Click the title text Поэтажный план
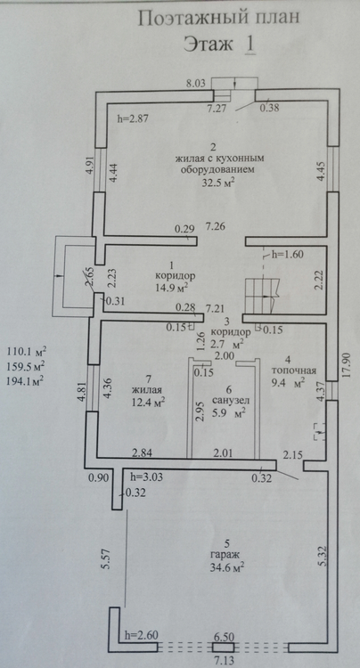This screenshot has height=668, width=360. pyautogui.click(x=219, y=19)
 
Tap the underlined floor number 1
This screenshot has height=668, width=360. pyautogui.click(x=250, y=45)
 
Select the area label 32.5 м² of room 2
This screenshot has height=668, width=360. pyautogui.click(x=218, y=183)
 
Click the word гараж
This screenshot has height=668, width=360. pyautogui.click(x=225, y=556)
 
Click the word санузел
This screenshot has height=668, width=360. pyautogui.click(x=230, y=401)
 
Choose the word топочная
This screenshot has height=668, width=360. pyautogui.click(x=294, y=371)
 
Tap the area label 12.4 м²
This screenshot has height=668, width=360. pyautogui.click(x=148, y=401)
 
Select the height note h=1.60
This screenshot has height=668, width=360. pyautogui.click(x=288, y=255)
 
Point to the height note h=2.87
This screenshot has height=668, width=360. pyautogui.click(x=132, y=119)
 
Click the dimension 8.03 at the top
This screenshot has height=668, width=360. pyautogui.click(x=198, y=85)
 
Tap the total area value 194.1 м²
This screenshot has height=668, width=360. pyautogui.click(x=27, y=381)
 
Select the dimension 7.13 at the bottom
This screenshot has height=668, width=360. pyautogui.click(x=224, y=661)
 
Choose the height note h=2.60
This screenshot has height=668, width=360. pyautogui.click(x=143, y=636)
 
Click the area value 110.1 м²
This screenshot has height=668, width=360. pyautogui.click(x=27, y=353)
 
